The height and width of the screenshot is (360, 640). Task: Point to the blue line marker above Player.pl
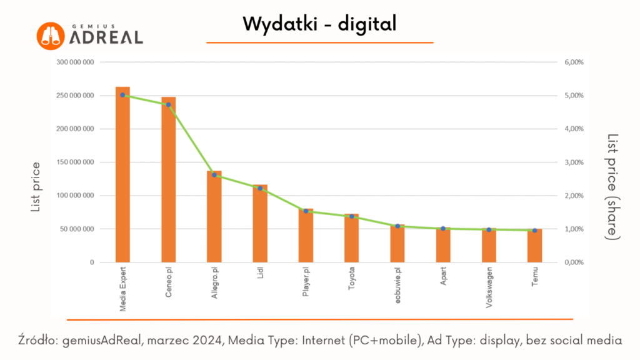(x=306, y=211)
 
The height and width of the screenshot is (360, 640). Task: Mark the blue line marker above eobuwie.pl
(x=397, y=226)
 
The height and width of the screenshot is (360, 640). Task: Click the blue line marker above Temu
(x=534, y=231)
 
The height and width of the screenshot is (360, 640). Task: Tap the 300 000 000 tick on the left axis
(x=75, y=62)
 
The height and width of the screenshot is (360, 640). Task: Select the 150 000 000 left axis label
(x=75, y=162)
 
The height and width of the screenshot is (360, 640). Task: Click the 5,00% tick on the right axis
(x=574, y=96)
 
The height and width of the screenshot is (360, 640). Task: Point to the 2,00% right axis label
(x=574, y=196)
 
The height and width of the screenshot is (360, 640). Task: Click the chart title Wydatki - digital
(x=319, y=24)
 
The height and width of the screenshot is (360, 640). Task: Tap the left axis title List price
(x=36, y=186)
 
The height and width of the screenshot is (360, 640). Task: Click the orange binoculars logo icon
(x=50, y=36)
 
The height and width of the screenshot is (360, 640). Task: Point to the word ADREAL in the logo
(x=106, y=37)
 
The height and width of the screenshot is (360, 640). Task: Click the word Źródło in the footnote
(x=38, y=341)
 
